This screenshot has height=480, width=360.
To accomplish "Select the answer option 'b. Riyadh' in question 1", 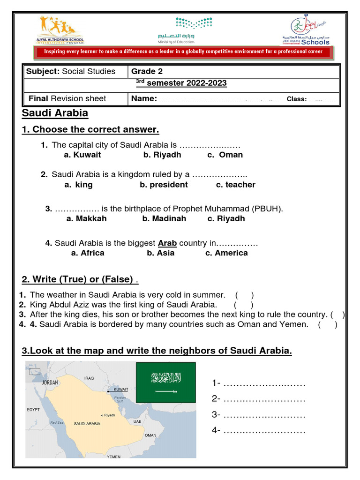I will pos(162,155).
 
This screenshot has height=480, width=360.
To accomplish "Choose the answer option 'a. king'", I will pos(79,185).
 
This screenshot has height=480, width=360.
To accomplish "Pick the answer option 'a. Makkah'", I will pos(87,218).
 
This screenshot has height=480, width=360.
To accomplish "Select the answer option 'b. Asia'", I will pos(160,253).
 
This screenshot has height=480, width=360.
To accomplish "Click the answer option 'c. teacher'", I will pos(235,185).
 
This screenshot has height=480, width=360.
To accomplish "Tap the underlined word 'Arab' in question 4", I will pos(167,243).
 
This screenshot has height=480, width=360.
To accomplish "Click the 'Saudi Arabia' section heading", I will pos(55,113).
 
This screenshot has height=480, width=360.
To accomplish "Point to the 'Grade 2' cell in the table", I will pos(143,71).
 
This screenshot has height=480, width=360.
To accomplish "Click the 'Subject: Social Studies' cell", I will pos(71,71).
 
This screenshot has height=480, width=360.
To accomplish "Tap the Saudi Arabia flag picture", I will pos(166,382).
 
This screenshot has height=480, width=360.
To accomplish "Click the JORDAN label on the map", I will pos(50,382).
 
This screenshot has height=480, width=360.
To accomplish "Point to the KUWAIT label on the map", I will pos(121,389).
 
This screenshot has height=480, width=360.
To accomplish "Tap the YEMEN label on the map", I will pos(113,456).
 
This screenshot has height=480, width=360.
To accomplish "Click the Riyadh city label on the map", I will pos(109,415).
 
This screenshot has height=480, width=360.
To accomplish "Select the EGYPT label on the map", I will pos(33,409).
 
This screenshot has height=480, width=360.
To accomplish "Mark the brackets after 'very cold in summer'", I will pos(245,295).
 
